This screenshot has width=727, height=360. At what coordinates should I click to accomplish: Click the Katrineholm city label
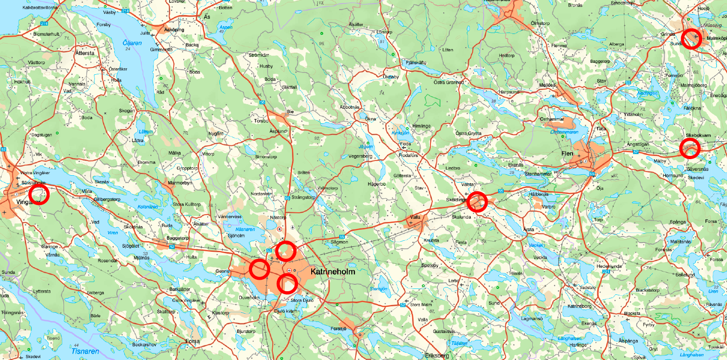pyautogui.click(x=333, y=271)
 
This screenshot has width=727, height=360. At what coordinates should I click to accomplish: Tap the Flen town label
pyautogui.click(x=567, y=154)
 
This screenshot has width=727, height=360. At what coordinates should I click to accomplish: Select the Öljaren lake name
pyautogui.click(x=132, y=43)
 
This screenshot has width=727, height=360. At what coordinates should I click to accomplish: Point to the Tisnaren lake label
pyautogui.click(x=85, y=351)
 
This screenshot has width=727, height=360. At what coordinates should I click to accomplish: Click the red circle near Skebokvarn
pyautogui.click(x=689, y=148)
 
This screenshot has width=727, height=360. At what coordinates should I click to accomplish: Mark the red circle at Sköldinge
pyautogui.click(x=477, y=202)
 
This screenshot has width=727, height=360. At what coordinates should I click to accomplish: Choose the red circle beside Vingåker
pyautogui.click(x=39, y=194)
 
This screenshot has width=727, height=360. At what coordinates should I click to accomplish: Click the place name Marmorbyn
pyautogui.click(x=180, y=183)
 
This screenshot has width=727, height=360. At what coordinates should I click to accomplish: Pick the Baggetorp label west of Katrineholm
pyautogui.click(x=177, y=238)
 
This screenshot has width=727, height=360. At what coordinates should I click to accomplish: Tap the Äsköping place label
pyautogui.click(x=174, y=30)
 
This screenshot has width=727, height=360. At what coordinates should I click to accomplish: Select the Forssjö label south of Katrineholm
pyautogui.click(x=338, y=329)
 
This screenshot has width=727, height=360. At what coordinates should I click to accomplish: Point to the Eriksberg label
pyautogui.click(x=437, y=355)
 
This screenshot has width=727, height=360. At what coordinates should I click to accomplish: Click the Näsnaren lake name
pyautogui.click(x=245, y=229)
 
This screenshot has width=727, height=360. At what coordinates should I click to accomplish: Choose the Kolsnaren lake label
pyautogui.click(x=148, y=207)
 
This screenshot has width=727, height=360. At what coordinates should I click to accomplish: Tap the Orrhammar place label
pyautogui.click(x=552, y=119)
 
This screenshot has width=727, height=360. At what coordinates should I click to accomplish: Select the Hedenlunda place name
pyautogui.click(x=609, y=266)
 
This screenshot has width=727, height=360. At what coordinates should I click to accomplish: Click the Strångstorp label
pyautogui.click(x=303, y=197)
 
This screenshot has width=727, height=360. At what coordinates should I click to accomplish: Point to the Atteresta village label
pyautogui.click(x=85, y=53)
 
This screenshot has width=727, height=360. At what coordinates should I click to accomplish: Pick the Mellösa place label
pyautogui.click(x=547, y=85)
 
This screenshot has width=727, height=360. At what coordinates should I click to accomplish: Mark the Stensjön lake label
pyautogui.click(x=379, y=289)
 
